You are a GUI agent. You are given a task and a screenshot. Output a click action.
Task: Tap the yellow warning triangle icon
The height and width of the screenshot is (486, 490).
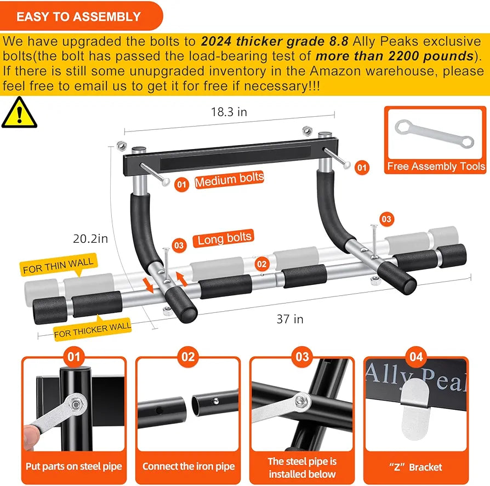(x=19, y=113)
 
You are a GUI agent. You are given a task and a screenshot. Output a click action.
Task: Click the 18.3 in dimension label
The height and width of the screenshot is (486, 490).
(x=229, y=112)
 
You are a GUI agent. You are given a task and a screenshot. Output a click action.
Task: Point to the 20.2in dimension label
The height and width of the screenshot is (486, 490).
(x=91, y=238)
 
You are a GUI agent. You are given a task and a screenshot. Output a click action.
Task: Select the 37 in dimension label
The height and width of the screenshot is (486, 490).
(x=289, y=319)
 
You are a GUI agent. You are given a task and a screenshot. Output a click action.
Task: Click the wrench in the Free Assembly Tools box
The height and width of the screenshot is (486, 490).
(x=434, y=134)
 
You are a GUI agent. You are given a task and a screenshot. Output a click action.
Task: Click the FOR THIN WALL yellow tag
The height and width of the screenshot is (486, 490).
(x=58, y=266)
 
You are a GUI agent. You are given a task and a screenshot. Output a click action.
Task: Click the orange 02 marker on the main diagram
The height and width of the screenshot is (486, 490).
(x=263, y=263)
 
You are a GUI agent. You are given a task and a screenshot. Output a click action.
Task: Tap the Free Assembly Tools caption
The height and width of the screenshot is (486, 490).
(x=436, y=167)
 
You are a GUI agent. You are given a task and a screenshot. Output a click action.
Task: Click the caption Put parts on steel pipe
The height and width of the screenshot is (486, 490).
(x=73, y=467)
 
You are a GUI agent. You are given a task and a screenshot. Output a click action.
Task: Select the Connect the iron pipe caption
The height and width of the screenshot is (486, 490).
(x=188, y=467)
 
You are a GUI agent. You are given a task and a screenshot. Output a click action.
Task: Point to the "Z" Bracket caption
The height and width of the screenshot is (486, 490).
(x=416, y=467)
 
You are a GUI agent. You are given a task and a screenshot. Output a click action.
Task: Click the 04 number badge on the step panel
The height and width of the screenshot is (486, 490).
(x=416, y=357)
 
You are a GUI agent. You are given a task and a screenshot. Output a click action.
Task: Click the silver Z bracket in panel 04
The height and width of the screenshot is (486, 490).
(x=415, y=408)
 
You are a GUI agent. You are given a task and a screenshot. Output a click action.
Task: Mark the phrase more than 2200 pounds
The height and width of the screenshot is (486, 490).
(x=395, y=56)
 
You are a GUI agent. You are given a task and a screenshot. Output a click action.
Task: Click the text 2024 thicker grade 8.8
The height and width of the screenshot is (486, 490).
(x=274, y=42)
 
